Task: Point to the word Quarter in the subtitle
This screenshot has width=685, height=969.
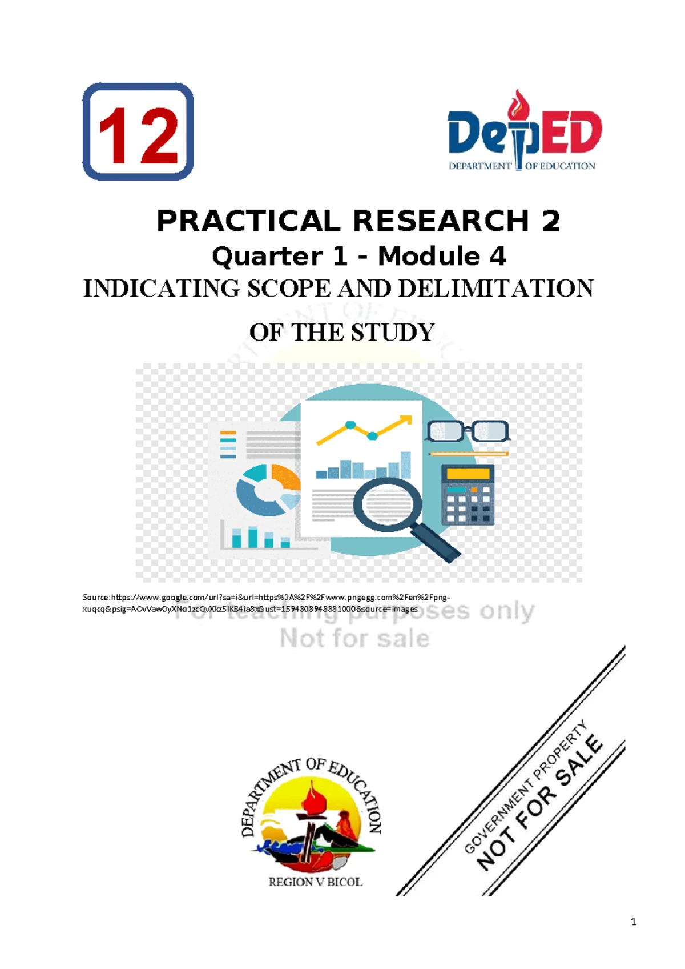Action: [x=267, y=257]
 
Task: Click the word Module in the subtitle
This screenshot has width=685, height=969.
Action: [x=429, y=257]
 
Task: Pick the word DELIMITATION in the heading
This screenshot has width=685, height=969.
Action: [x=495, y=289]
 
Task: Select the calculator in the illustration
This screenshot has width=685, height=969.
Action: [x=468, y=495]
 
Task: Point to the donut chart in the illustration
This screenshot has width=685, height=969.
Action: [x=267, y=490]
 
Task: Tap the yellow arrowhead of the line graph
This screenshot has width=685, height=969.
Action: [x=406, y=420]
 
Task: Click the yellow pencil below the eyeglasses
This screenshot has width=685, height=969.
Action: [x=468, y=454]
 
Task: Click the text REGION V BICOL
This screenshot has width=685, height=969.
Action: [x=315, y=882]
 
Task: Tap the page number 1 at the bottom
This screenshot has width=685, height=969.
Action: [x=633, y=921]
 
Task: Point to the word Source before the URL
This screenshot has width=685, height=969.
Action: [x=95, y=598]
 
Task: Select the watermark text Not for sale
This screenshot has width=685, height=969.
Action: [x=354, y=638]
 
